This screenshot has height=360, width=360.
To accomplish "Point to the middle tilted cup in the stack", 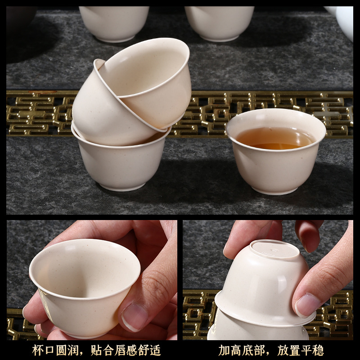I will click(103, 108).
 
